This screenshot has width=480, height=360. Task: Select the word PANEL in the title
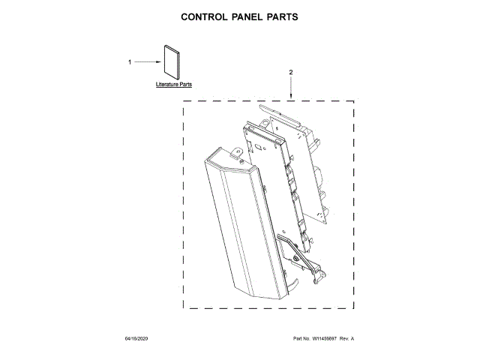[x=251, y=17]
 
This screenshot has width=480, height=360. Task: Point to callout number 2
[x=291, y=72]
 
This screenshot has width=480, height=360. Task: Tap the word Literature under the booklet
[x=166, y=85]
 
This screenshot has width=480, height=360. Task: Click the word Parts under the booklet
[x=184, y=85]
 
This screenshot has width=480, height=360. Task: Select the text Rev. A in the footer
[x=346, y=340]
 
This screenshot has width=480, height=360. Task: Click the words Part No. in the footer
[x=301, y=340]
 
